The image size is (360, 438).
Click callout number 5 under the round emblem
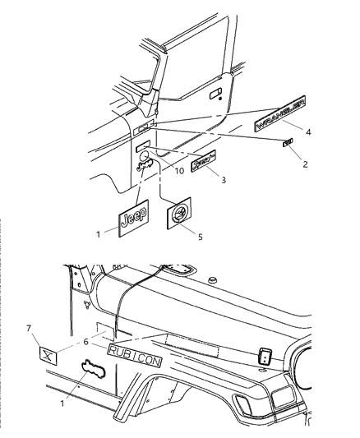click(x=201, y=237)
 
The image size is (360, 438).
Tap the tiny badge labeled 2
click(x=288, y=144)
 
